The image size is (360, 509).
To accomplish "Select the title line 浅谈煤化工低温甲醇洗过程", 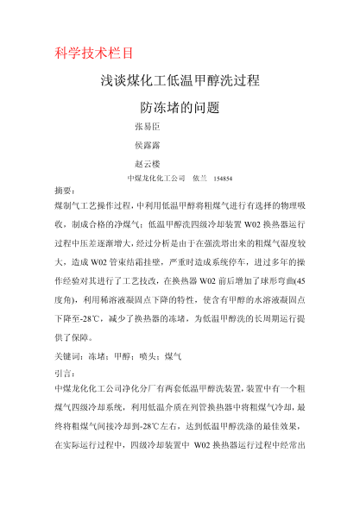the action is pyautogui.click(x=180, y=82).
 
